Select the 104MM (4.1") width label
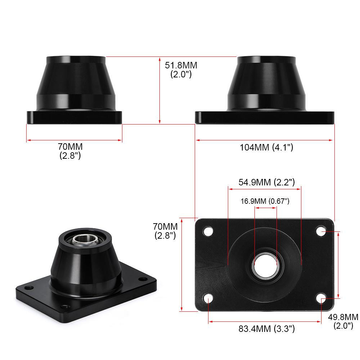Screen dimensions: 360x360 (266, 147)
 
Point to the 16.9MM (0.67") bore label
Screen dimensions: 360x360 (265, 201)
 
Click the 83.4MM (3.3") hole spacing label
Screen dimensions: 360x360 (266, 329)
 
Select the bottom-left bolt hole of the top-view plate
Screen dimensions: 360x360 (208, 298)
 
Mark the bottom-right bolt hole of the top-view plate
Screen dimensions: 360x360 (321, 298)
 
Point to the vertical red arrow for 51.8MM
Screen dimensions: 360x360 (159, 90)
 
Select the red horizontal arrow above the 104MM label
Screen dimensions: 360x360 (265, 140)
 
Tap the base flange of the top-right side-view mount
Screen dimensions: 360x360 (265, 117)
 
